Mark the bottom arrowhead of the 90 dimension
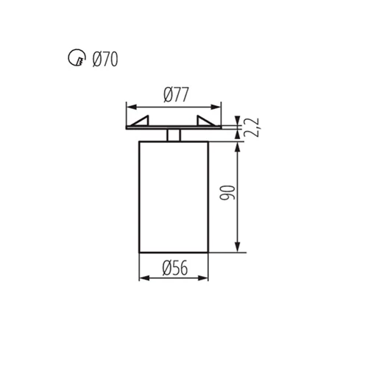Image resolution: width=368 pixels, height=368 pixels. click(238, 248)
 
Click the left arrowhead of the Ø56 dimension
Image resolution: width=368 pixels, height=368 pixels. click(143, 278)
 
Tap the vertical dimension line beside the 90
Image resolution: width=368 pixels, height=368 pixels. click(238, 213)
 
